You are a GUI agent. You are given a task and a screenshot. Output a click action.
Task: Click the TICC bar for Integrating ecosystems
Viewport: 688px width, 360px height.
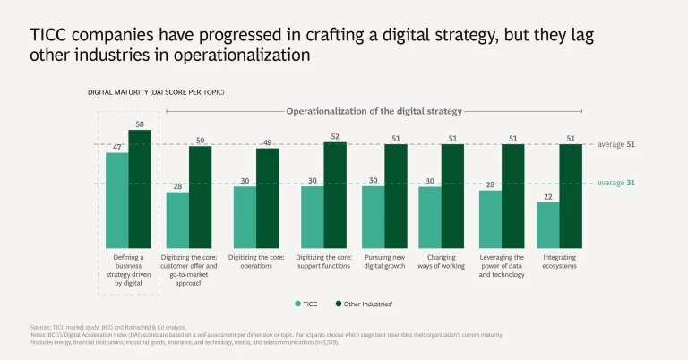pyautogui.click(x=548, y=226)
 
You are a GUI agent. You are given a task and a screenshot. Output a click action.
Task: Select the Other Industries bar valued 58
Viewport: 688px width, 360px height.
pyautogui.click(x=140, y=189)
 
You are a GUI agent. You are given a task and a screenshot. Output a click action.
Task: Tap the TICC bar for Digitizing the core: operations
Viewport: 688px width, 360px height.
pyautogui.click(x=245, y=218)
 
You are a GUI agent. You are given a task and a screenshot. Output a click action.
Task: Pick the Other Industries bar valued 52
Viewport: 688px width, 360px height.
pyautogui.click(x=335, y=195)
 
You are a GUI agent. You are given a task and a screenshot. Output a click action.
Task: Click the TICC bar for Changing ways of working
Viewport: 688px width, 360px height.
pyautogui.click(x=430, y=218)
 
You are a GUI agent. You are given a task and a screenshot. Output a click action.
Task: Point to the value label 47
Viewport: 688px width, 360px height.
pyautogui.click(x=116, y=146)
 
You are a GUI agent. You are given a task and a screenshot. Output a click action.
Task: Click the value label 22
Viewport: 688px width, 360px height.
pyautogui.click(x=548, y=196)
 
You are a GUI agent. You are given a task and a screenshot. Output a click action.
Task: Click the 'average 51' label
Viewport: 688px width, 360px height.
pyautogui.click(x=616, y=143)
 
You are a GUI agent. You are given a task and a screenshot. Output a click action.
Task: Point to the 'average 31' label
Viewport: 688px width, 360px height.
pyautogui.click(x=616, y=184)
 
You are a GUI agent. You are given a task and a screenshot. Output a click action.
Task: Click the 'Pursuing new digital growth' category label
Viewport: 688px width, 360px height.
pyautogui.click(x=385, y=261)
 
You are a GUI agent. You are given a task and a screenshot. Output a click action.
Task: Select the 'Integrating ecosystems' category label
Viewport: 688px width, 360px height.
pyautogui.click(x=559, y=261)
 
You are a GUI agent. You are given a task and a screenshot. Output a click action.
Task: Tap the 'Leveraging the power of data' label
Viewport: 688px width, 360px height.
pyautogui.click(x=502, y=266)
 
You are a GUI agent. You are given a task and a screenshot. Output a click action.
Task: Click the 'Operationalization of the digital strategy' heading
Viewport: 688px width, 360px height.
pyautogui.click(x=374, y=112)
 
